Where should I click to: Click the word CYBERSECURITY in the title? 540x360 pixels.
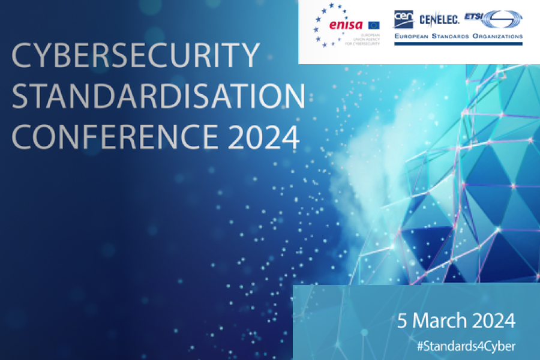[x=136, y=57]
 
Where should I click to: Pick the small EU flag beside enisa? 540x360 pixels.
[x=374, y=25]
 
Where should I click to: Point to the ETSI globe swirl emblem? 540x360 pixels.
[x=503, y=21]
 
